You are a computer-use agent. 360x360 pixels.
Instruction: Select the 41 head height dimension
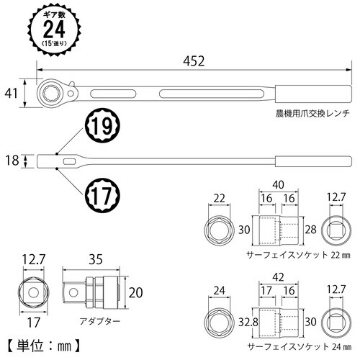[9, 92]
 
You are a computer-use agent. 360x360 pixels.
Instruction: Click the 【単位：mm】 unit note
[50, 345]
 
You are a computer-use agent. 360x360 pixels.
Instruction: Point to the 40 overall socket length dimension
[276, 184]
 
